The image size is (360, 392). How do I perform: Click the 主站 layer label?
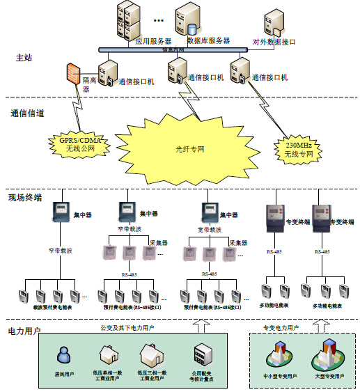pyautogui.click(x=24, y=58)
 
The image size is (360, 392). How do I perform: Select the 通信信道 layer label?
pyautogui.click(x=28, y=112)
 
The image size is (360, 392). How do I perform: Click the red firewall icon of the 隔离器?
pyautogui.click(x=72, y=74)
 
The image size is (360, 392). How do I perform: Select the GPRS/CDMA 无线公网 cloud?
pyautogui.click(x=75, y=144)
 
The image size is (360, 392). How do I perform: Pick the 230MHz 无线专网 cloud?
pyautogui.click(x=299, y=148)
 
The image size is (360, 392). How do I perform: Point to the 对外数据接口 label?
pyautogui.click(x=274, y=42)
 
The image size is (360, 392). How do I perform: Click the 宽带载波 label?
pyautogui.click(x=210, y=229)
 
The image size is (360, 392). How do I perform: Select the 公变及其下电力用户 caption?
pyautogui.click(x=127, y=327)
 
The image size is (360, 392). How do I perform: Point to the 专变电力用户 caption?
pyautogui.click(x=280, y=327)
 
